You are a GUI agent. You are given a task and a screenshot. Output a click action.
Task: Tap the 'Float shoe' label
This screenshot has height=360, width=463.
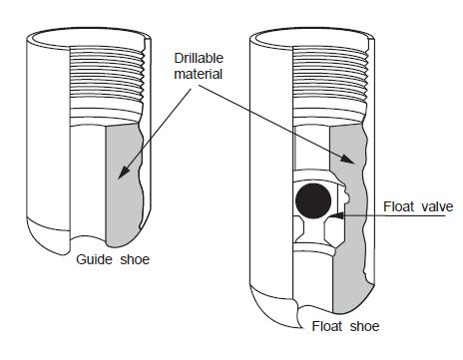click(345, 326)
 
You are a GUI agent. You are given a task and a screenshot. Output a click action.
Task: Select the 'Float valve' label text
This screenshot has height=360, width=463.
click(417, 207)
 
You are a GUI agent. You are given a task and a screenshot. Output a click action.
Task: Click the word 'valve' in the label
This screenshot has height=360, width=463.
click(436, 207)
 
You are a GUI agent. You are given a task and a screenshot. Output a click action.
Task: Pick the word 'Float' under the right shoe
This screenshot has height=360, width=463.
click(329, 326)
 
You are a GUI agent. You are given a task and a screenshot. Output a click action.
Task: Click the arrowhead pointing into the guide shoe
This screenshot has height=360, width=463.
click(122, 178)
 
